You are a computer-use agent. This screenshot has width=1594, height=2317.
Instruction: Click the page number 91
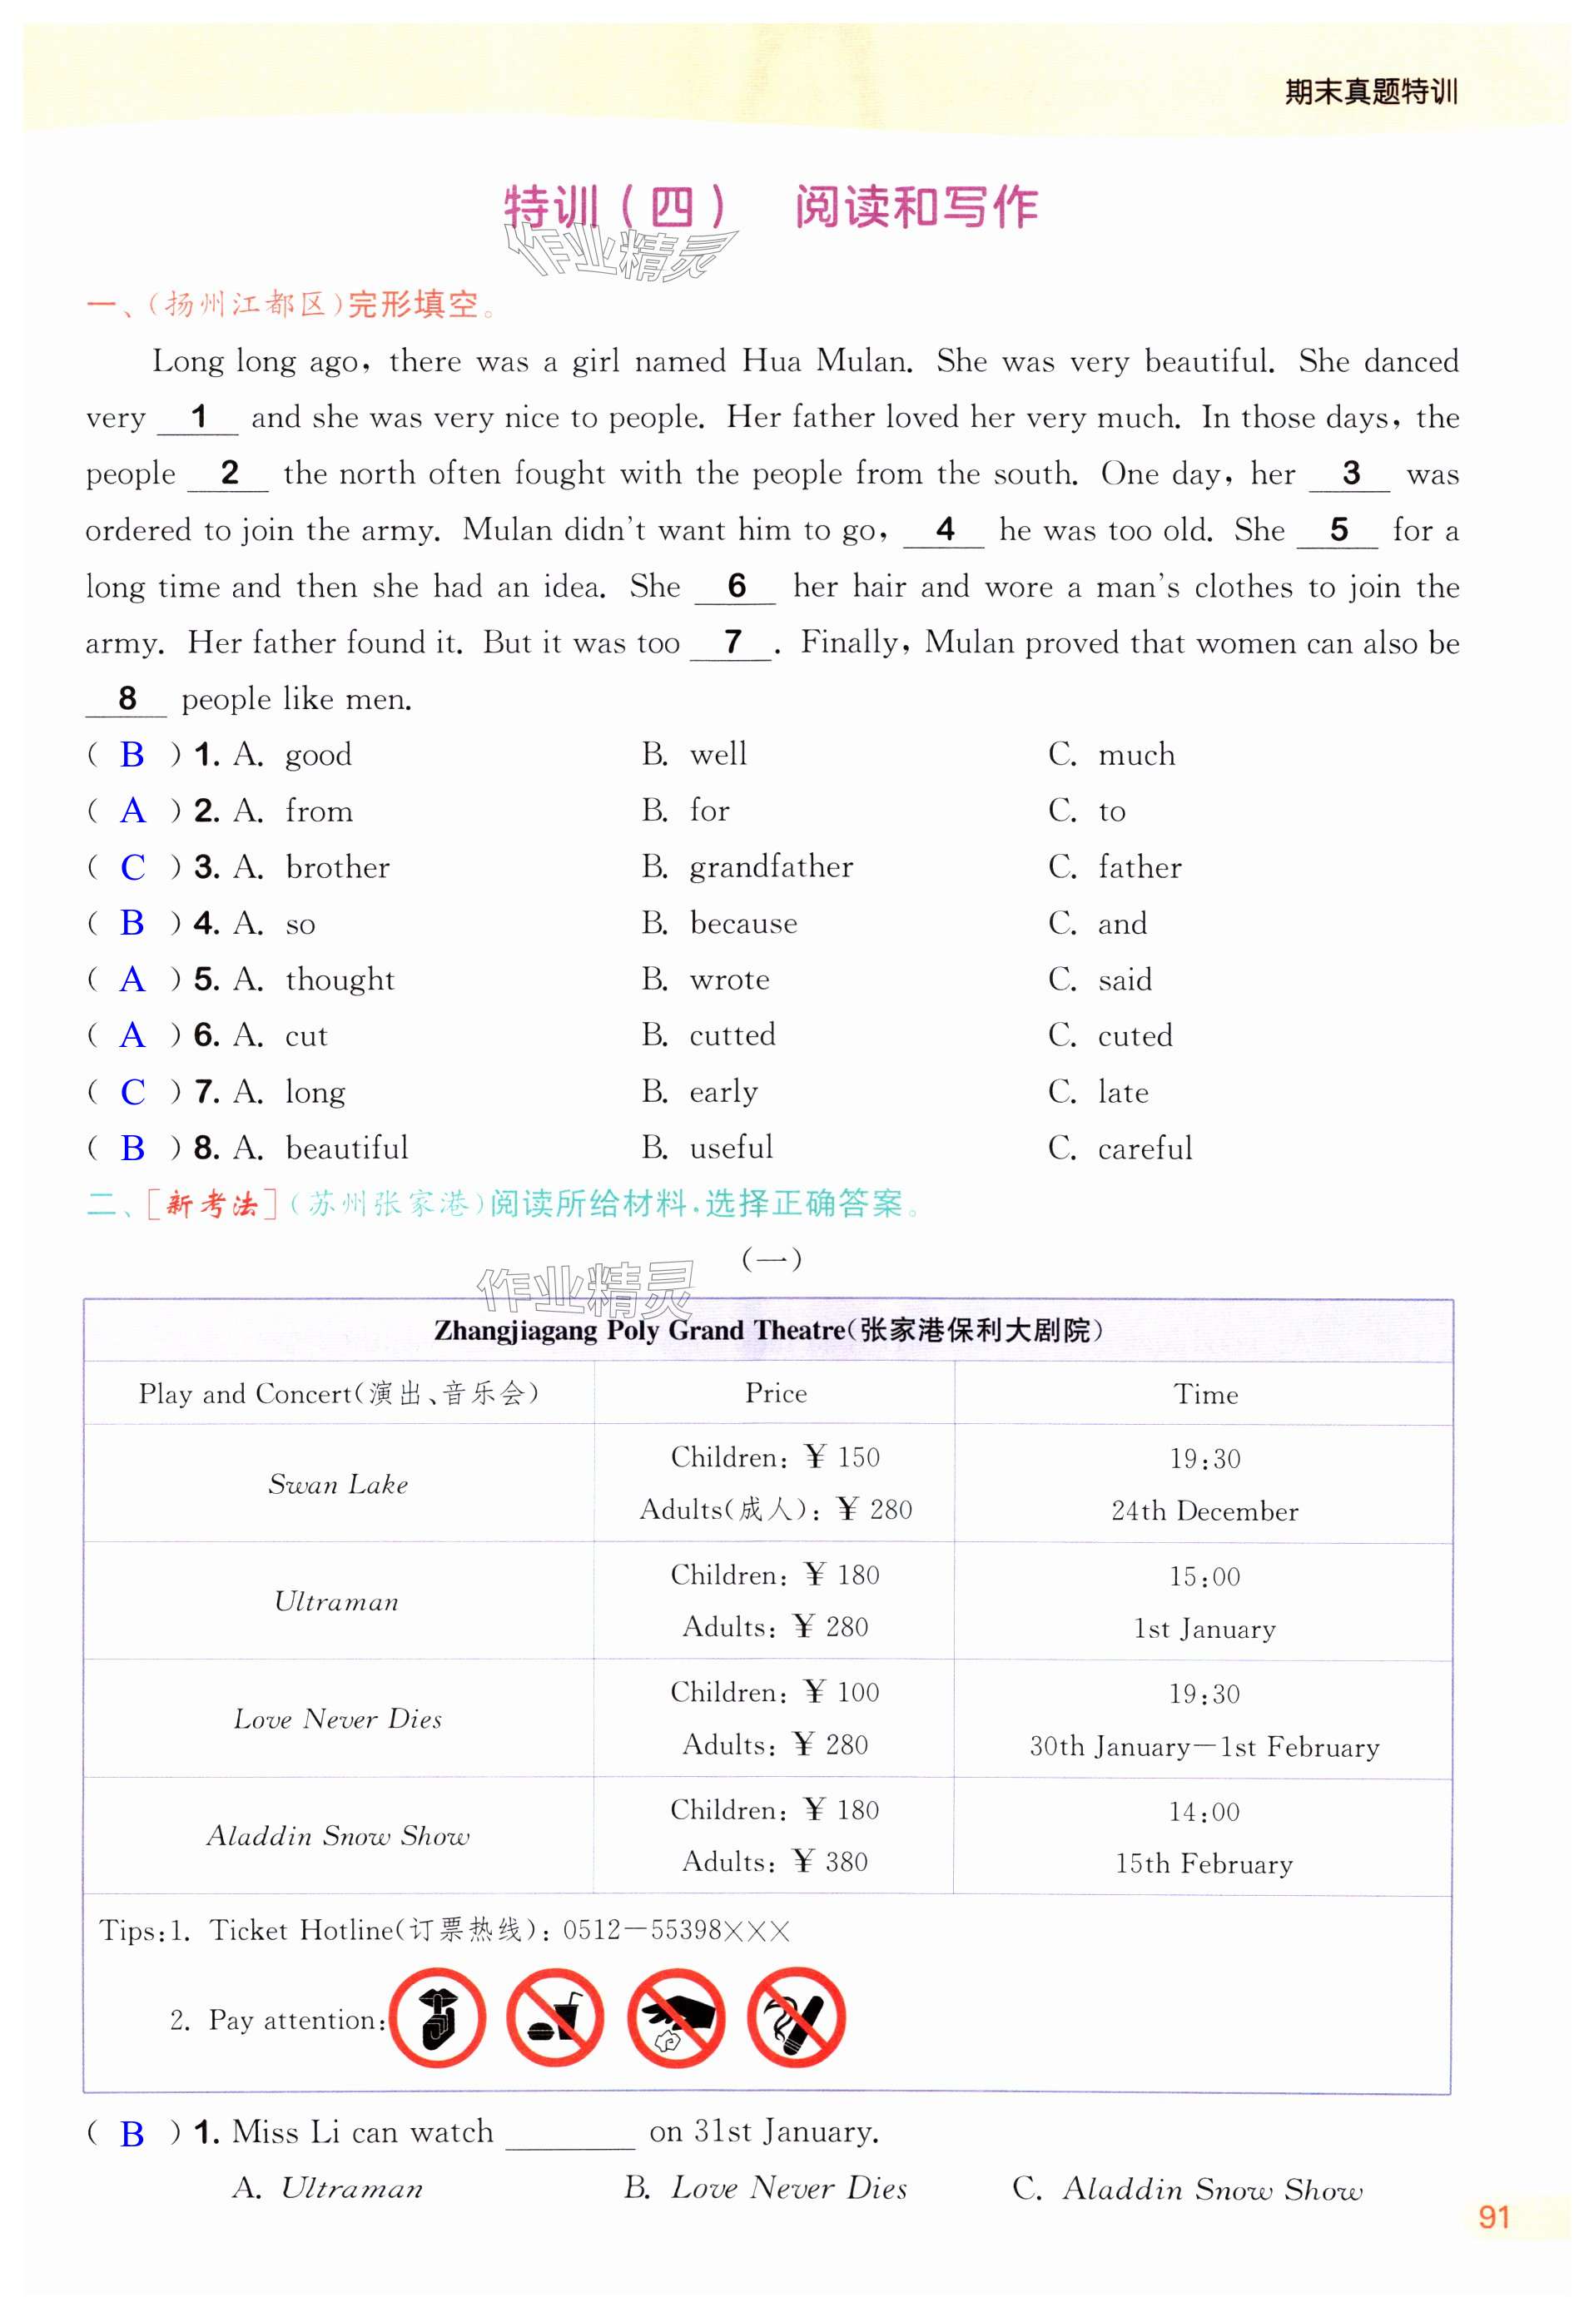1493,2217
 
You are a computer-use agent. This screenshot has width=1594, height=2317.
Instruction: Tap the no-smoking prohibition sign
796,2018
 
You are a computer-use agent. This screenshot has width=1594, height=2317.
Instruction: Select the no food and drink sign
554,2018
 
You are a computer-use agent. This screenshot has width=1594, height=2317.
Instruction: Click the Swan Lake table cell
338,1485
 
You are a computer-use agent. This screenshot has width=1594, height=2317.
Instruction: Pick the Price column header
775,1394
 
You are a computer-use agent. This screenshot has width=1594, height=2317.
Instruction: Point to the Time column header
1205,1395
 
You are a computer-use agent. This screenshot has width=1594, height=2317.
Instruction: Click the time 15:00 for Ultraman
1204,1577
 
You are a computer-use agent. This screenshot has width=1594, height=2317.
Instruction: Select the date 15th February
1204,1864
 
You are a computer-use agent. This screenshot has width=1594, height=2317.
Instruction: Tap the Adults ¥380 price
775,1862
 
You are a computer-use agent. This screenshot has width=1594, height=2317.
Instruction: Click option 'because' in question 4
743,924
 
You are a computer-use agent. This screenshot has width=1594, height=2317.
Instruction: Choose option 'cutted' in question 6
732,1035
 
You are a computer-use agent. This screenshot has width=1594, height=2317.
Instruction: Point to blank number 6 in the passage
736,586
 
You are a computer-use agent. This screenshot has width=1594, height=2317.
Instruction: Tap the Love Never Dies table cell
338,1719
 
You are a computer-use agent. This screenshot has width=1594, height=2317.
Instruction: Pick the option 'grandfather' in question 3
771,868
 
